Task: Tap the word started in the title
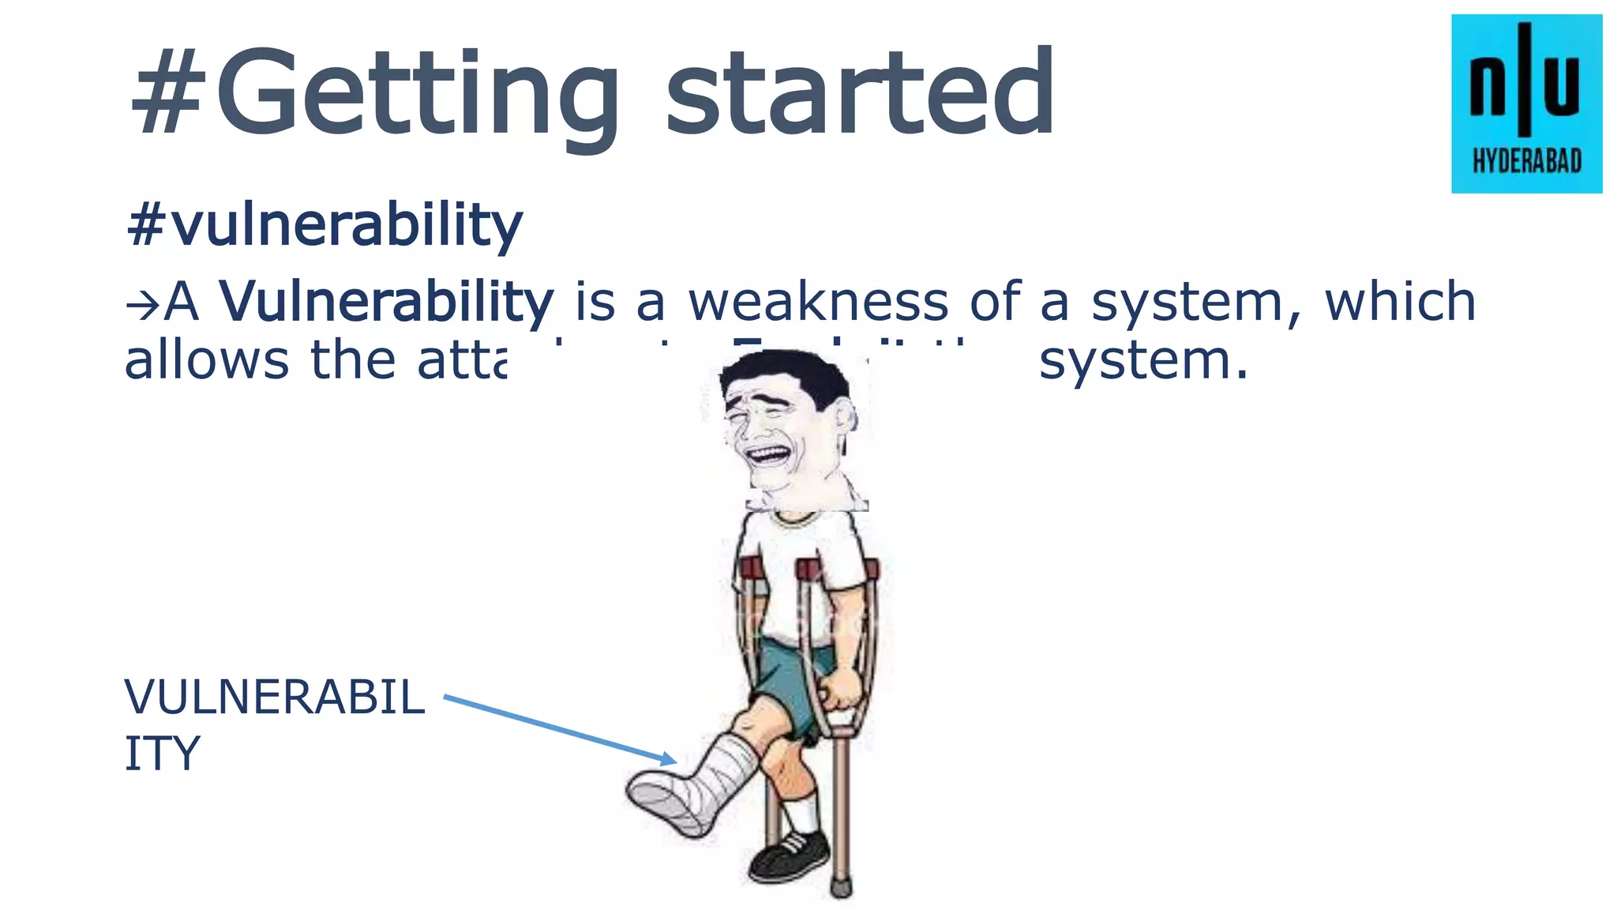(861, 93)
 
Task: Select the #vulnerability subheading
(324, 225)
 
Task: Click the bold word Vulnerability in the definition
(387, 302)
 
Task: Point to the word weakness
(818, 302)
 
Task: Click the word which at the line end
(1400, 302)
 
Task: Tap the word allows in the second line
(207, 360)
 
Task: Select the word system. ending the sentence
(1143, 362)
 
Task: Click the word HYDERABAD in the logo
(1527, 162)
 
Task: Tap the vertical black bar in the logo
(1525, 79)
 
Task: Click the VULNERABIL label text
(275, 698)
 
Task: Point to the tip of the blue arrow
(675, 761)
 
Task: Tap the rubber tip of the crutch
(842, 888)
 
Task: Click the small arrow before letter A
(143, 305)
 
